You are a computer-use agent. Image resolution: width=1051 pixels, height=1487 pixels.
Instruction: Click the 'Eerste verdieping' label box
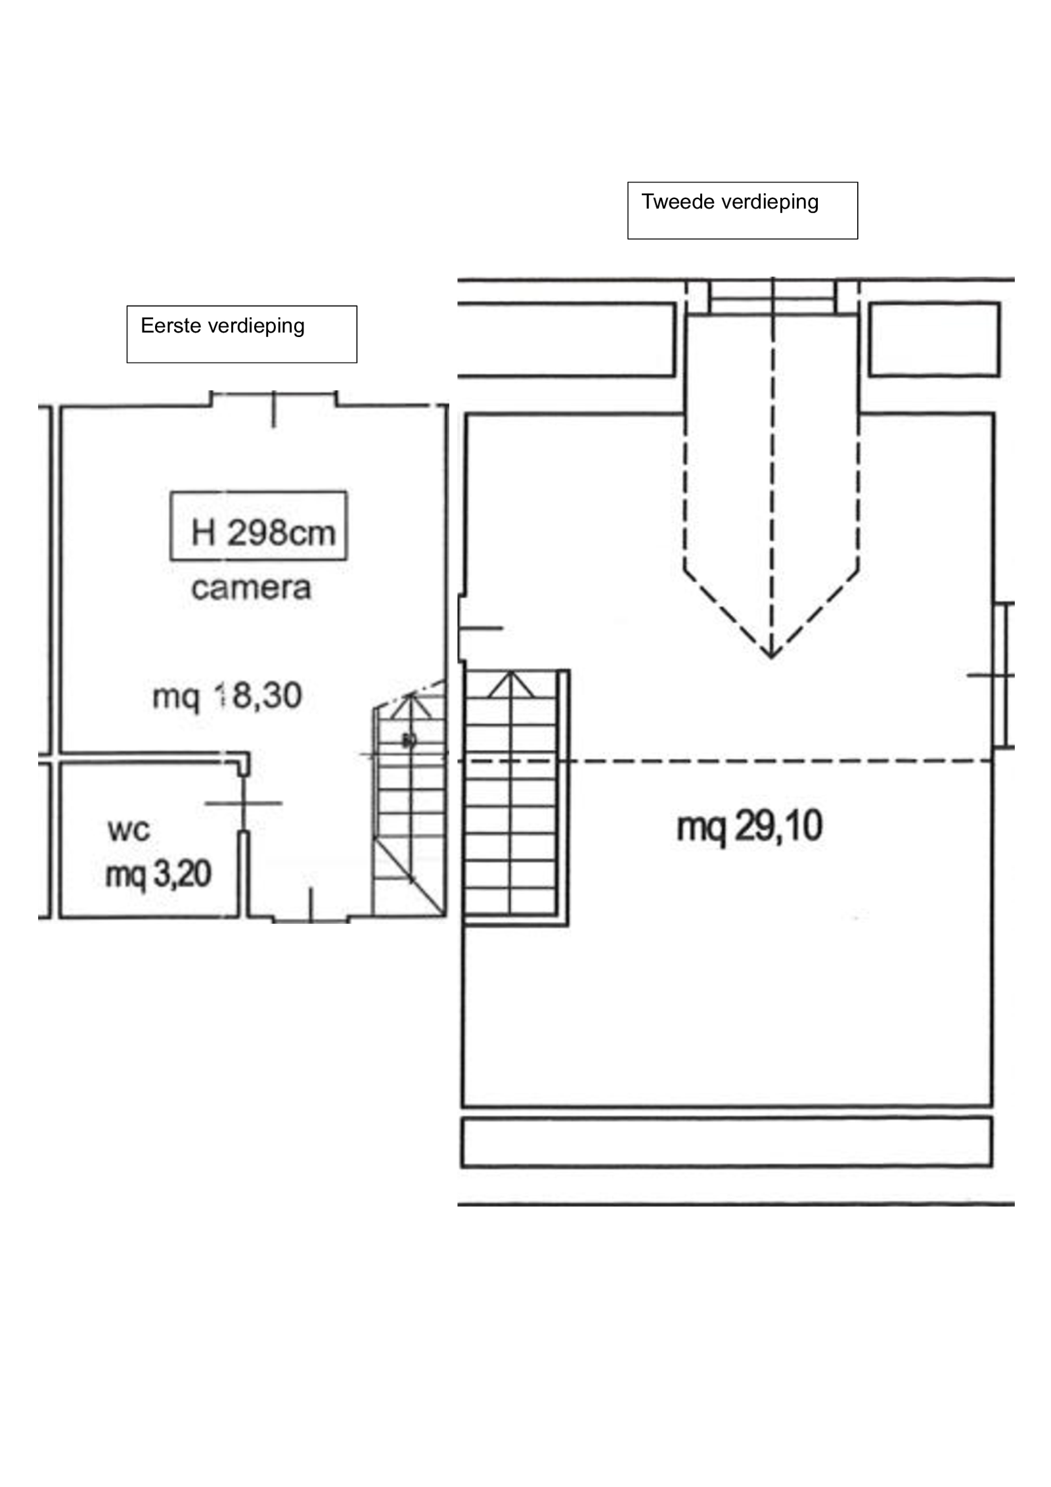point(242,334)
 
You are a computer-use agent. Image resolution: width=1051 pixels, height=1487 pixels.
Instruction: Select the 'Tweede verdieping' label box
point(742,210)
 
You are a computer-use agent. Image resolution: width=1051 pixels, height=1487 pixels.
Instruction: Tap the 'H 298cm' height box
point(259,526)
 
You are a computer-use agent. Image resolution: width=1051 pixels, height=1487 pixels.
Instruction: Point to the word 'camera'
point(251,588)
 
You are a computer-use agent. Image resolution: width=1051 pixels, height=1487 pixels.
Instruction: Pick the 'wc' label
point(129,830)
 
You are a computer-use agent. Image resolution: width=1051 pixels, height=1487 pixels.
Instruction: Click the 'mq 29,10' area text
point(749,827)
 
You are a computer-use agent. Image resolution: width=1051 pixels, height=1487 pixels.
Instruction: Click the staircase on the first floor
point(409,798)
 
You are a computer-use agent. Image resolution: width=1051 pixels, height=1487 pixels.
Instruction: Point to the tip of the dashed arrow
point(772,658)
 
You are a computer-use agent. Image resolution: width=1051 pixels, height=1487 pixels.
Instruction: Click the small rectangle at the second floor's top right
point(935,339)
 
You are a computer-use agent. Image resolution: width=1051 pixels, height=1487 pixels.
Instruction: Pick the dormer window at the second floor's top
point(772,298)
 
